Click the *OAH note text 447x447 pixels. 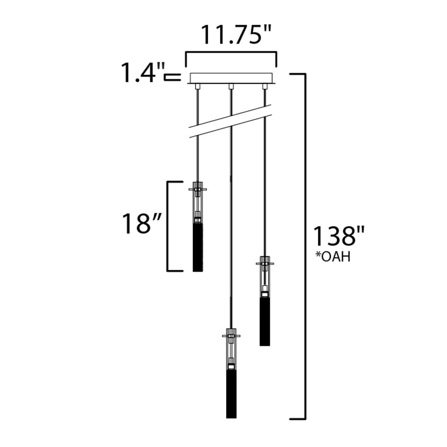point(333,256)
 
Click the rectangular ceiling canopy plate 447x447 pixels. point(231,78)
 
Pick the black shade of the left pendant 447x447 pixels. point(198,248)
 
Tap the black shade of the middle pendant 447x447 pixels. point(231,394)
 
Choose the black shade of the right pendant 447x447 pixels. point(265,322)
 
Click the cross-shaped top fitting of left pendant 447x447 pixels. point(198,189)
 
